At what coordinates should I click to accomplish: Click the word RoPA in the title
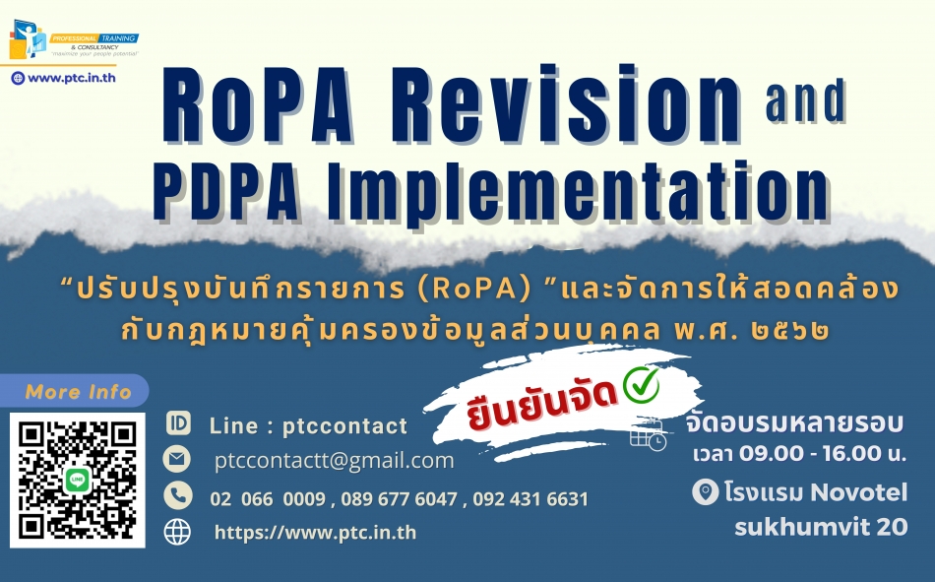pyautogui.click(x=258, y=106)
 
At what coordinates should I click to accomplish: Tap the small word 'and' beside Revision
pyautogui.click(x=806, y=100)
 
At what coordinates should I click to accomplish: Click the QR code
pyautogui.click(x=78, y=481)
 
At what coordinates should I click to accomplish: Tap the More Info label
pyautogui.click(x=78, y=392)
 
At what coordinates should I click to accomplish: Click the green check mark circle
pyautogui.click(x=641, y=384)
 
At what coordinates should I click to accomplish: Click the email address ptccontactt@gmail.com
pyautogui.click(x=334, y=460)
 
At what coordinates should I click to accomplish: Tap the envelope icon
pyautogui.click(x=177, y=459)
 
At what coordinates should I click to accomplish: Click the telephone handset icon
pyautogui.click(x=178, y=495)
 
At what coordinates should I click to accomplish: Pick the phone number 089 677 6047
pyautogui.click(x=399, y=499)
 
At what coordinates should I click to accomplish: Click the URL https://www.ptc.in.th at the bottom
pyautogui.click(x=316, y=533)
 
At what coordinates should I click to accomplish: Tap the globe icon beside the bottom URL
pyautogui.click(x=178, y=532)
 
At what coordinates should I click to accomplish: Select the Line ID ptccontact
pyautogui.click(x=344, y=426)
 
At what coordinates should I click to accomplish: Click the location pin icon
pyautogui.click(x=706, y=493)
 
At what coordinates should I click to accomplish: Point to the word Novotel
pyautogui.click(x=859, y=492)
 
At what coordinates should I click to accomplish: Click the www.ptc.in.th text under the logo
pyautogui.click(x=72, y=78)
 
